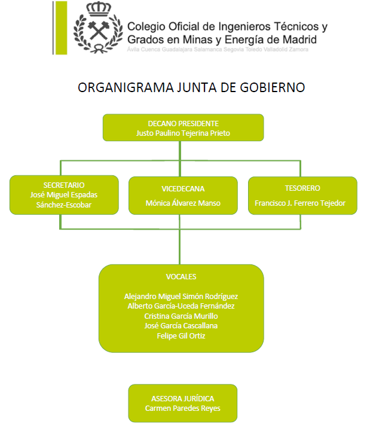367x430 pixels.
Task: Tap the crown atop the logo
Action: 99,9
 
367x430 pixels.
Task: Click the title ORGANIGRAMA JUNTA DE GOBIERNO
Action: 191,87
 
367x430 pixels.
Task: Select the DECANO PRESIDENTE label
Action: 183,123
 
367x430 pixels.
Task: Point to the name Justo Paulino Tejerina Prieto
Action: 183,133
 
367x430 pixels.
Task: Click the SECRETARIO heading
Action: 64,185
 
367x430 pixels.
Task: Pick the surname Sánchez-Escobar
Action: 64,205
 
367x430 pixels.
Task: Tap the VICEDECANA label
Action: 183,189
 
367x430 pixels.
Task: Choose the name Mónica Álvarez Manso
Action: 183,203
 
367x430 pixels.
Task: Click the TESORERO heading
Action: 302,188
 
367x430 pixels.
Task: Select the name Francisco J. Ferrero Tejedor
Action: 300,203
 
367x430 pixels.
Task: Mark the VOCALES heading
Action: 181,277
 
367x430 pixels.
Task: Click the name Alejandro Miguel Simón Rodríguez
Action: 181,297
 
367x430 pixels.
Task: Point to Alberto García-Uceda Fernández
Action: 181,306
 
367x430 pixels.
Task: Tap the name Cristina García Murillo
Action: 181,316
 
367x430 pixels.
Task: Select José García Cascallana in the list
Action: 181,326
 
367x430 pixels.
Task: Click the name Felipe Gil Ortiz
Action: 181,336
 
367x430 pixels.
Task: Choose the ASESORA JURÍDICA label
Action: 183,398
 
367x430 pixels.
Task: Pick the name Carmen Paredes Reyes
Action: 183,408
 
